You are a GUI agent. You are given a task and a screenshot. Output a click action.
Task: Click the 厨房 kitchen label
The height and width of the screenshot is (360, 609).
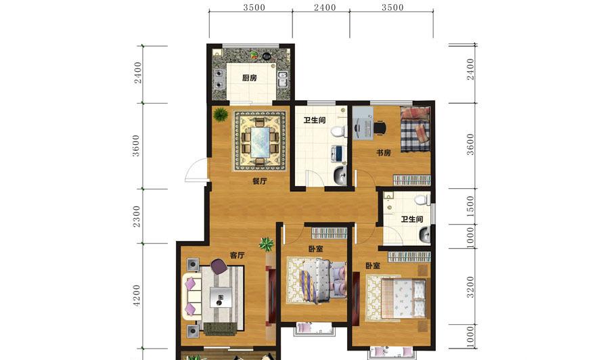tap(249, 78)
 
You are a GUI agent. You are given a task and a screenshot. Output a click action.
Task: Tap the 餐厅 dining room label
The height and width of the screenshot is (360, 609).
tap(259, 181)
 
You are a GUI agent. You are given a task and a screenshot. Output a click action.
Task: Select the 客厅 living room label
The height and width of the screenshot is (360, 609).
tap(237, 255)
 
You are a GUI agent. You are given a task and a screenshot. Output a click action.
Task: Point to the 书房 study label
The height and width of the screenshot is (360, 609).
tap(384, 153)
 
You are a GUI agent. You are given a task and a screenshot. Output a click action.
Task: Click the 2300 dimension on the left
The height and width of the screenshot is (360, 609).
tap(136, 217)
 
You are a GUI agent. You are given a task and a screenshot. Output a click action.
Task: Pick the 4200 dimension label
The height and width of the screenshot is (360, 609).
tap(136, 296)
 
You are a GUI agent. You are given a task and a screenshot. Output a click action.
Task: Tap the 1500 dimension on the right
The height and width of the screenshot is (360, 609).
tap(470, 206)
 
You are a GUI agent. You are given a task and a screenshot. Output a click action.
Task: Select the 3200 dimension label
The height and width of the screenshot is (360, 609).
tap(470, 287)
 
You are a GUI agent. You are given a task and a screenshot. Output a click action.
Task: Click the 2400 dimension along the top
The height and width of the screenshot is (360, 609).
tap(325, 7)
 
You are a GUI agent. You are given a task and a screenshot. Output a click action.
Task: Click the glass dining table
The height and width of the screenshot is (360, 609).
tap(260, 142)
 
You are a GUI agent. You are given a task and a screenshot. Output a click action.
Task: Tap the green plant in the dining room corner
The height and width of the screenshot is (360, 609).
tap(220, 114)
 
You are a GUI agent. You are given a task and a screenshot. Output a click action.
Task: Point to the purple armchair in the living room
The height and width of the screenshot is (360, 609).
tap(219, 267)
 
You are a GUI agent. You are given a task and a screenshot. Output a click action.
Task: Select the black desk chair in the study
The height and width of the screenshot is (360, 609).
tap(380, 128)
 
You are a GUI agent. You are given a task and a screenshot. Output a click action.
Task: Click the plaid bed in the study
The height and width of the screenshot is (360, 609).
tap(415, 129)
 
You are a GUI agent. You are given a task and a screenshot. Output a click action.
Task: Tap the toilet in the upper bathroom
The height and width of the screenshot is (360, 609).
tap(339, 131)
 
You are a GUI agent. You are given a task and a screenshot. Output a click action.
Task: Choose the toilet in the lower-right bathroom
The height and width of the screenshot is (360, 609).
tap(422, 200)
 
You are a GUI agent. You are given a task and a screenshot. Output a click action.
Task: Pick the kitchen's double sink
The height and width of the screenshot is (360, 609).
tap(282, 79)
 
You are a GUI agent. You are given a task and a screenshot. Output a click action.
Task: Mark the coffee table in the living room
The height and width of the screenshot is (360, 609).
tap(221, 297)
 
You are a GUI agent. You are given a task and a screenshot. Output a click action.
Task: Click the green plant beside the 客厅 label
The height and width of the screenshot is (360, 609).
tap(267, 244)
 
